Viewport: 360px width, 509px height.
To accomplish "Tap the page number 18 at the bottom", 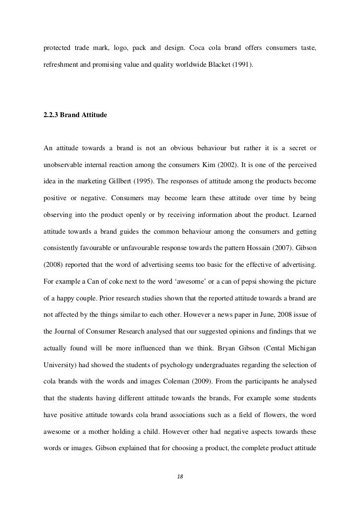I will (180, 476).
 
